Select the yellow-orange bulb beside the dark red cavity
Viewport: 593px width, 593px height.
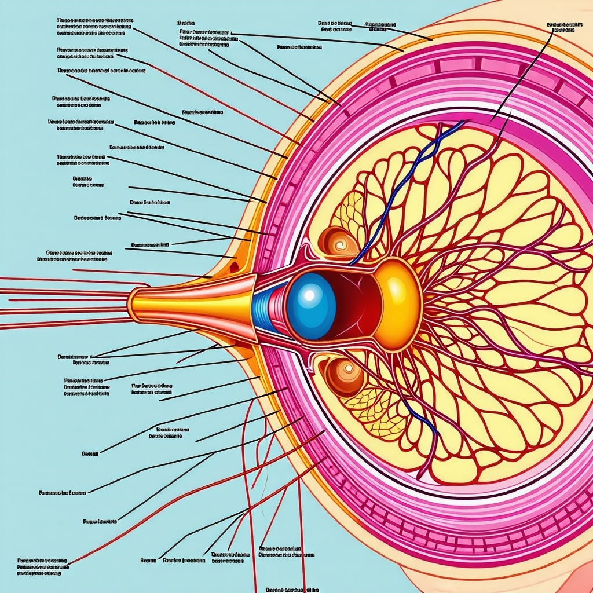(398, 304)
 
